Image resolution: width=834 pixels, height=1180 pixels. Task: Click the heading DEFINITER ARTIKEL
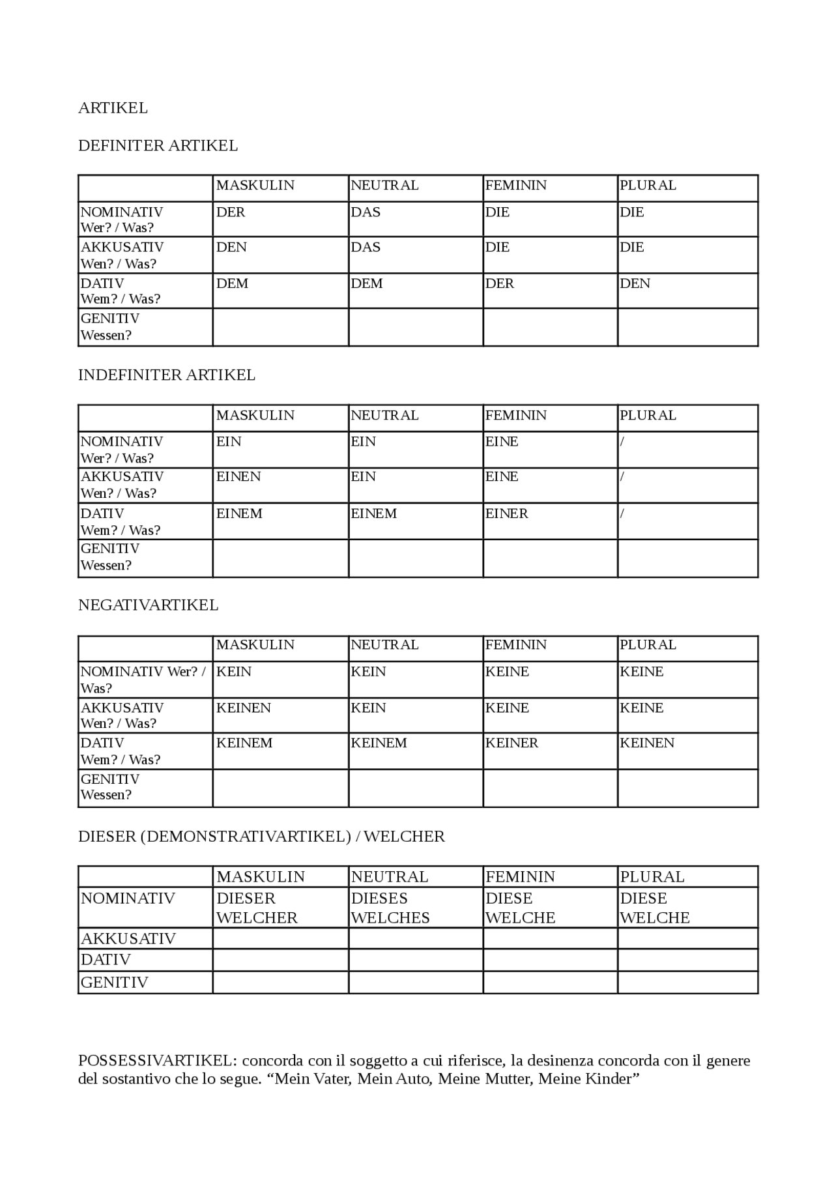[158, 145]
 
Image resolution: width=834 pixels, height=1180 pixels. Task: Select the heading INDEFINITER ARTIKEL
[166, 375]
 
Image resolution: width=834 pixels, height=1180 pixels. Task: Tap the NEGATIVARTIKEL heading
[148, 605]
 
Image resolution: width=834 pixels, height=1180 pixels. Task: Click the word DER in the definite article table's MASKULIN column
[230, 212]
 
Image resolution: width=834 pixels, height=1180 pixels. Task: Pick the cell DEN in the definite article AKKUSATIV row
[231, 247]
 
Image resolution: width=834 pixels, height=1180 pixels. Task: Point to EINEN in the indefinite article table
[238, 476]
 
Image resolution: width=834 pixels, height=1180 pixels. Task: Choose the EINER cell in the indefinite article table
[506, 513]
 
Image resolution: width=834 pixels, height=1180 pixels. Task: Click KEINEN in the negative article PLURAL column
[647, 743]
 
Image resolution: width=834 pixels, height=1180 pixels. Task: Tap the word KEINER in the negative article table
[511, 743]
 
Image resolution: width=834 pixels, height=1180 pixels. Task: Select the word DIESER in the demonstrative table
[246, 898]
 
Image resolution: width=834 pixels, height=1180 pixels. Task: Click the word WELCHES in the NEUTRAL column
[390, 917]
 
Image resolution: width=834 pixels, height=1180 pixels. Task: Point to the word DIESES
[379, 898]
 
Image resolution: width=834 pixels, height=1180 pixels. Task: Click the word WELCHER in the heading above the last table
[404, 836]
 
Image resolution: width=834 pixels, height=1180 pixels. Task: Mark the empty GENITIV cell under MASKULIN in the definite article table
[280, 327]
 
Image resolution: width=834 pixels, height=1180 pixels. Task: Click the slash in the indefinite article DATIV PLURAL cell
[622, 513]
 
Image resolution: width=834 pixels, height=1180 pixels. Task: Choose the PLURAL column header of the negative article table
[648, 644]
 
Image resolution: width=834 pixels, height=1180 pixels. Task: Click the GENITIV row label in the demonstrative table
[115, 982]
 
